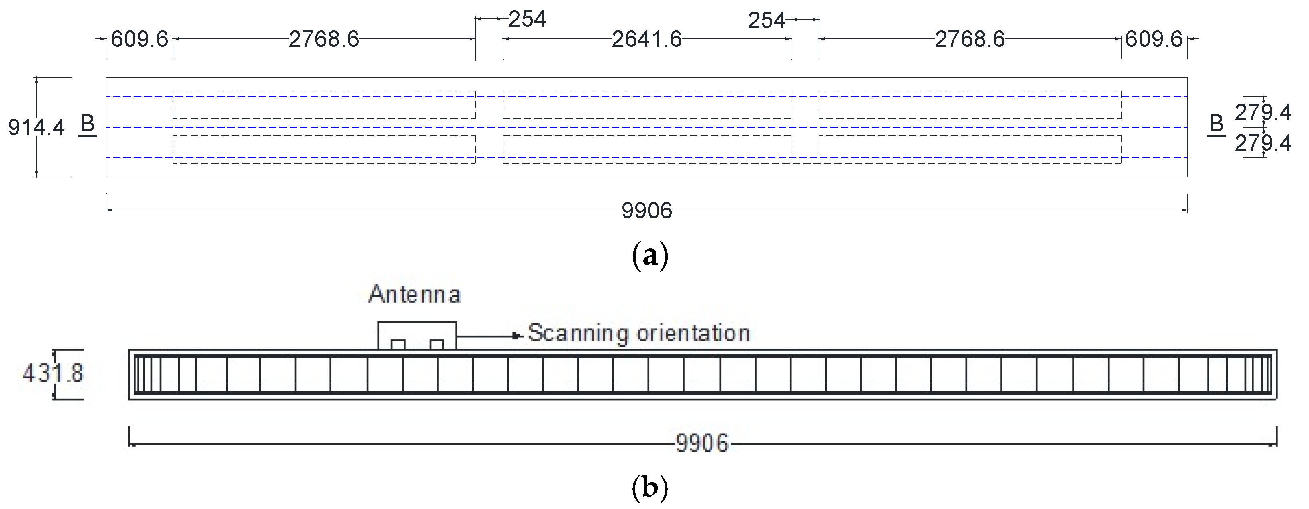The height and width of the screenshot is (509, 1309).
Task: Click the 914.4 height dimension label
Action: point(36,128)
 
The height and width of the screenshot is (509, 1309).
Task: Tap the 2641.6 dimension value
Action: point(646,39)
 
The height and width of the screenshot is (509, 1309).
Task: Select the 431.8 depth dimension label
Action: point(53,374)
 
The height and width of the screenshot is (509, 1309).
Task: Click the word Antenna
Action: point(415,294)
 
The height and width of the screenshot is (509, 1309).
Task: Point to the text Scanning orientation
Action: point(639,333)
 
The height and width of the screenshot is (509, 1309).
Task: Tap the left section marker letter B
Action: point(87,124)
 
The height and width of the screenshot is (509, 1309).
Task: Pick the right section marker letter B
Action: point(1216,124)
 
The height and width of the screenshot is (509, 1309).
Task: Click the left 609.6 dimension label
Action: point(139,39)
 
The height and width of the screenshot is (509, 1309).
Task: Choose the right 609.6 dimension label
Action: point(1154,39)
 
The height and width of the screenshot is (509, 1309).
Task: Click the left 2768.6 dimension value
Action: point(324,39)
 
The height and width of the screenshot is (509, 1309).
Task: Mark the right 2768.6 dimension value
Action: point(970,39)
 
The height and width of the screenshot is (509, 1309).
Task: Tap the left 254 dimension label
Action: point(527,19)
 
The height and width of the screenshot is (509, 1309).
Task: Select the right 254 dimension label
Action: point(766,20)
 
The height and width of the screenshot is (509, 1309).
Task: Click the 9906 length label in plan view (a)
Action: point(646,211)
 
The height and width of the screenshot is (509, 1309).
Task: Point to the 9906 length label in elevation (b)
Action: point(702,443)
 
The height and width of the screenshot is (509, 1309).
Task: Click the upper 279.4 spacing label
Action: point(1263,112)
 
